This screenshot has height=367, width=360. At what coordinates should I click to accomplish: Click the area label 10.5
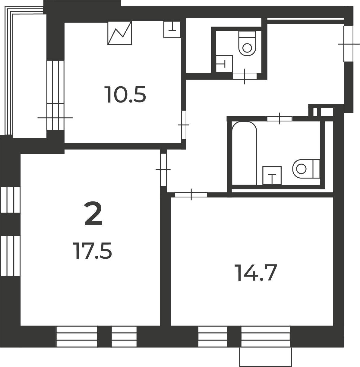[x=125, y=95]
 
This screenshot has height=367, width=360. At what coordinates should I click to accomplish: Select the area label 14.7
[x=256, y=273]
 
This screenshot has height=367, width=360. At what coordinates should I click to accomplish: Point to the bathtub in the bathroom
[x=245, y=153]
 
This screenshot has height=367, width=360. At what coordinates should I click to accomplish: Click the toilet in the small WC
[x=247, y=43]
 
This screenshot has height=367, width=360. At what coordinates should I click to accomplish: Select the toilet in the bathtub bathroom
[x=306, y=169]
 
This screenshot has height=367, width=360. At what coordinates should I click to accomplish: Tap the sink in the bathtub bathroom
[x=272, y=176]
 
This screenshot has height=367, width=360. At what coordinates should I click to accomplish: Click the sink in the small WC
[x=224, y=64]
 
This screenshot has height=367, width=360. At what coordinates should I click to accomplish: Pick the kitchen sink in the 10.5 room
[x=172, y=30]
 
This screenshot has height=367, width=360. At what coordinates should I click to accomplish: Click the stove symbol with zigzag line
[x=120, y=33]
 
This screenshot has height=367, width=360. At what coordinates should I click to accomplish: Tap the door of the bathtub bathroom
[x=279, y=119]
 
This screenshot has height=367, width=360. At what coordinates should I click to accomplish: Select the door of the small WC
[x=245, y=76]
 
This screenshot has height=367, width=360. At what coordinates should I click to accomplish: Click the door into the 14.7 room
[x=191, y=195]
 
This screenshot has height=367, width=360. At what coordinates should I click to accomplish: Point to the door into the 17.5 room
[x=163, y=169]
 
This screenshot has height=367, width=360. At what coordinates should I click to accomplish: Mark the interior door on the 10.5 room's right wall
[x=183, y=125]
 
